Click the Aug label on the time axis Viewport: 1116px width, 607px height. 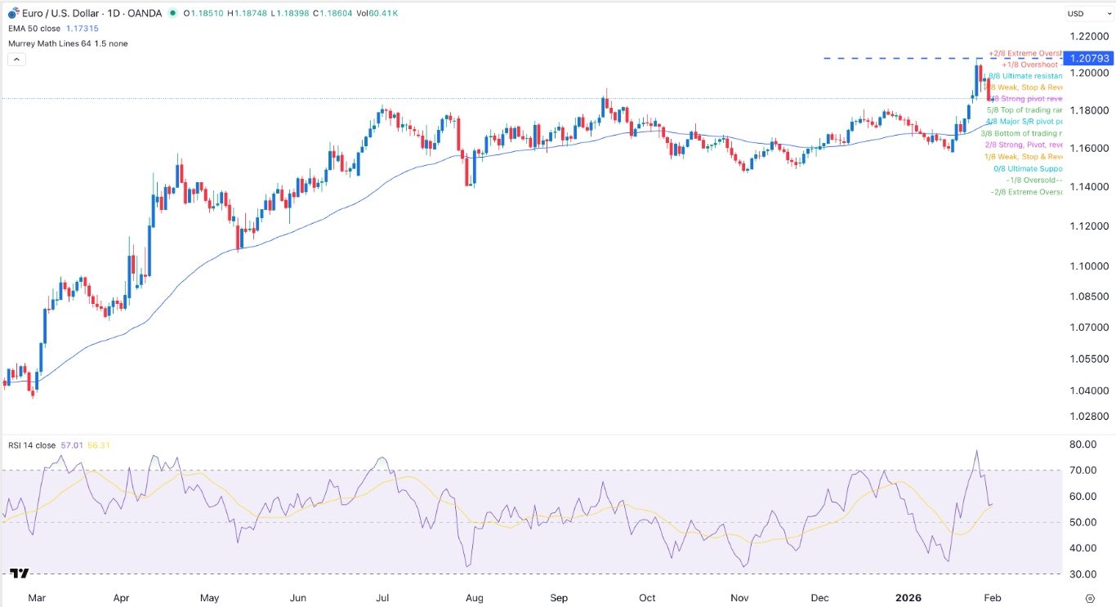tap(474, 598)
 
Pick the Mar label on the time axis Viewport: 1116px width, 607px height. tap(35, 598)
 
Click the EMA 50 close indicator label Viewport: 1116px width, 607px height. tap(36, 29)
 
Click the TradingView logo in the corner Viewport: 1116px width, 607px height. tap(20, 574)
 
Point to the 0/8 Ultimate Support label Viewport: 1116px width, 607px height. tap(1027, 169)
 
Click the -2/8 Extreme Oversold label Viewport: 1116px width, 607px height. tap(1026, 192)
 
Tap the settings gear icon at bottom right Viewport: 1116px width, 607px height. tap(1090, 598)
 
